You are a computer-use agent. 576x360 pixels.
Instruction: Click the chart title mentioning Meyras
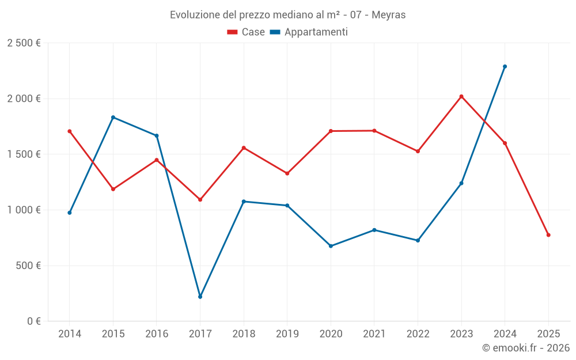pos(287,15)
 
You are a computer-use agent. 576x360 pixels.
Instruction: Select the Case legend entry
pos(246,32)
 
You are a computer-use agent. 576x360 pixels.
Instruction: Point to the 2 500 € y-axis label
pos(24,43)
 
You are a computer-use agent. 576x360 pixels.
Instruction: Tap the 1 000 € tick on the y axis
pos(24,210)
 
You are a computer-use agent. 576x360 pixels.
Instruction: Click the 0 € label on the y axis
pos(33,321)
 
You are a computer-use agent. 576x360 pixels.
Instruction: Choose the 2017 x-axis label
pos(200,334)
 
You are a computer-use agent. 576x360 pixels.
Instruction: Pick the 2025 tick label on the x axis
pos(548,334)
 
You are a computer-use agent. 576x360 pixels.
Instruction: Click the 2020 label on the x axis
pos(331,334)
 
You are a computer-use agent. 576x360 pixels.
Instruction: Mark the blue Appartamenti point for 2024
pos(505,66)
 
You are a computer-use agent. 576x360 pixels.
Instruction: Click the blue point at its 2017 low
pos(200,297)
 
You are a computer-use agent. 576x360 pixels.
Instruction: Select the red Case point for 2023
pos(461,96)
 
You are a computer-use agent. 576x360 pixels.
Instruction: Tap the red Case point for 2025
pos(548,235)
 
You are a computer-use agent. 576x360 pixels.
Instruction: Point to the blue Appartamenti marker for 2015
pos(113,117)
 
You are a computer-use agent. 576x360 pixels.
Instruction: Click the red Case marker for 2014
pos(70,131)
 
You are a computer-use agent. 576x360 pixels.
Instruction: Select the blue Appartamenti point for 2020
pos(331,246)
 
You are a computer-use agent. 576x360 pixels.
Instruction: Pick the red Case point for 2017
pos(200,199)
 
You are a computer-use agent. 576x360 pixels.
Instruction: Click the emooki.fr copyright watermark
pos(525,348)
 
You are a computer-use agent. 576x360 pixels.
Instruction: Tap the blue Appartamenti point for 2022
pos(418,240)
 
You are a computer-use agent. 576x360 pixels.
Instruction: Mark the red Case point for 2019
pos(287,173)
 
